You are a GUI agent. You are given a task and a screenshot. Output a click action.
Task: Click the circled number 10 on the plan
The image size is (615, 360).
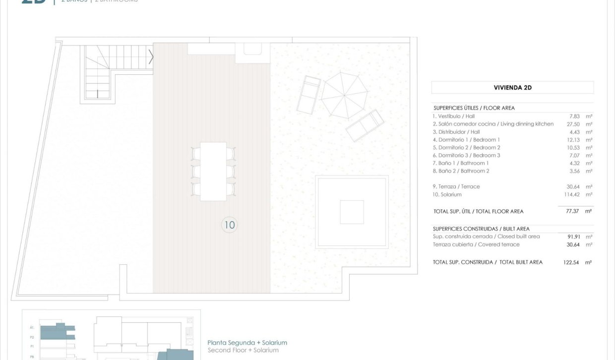pyautogui.click(x=229, y=225)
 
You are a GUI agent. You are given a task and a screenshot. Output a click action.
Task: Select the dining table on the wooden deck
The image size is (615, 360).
pyautogui.click(x=213, y=171)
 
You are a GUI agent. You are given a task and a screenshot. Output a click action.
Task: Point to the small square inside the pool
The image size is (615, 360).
pyautogui.click(x=352, y=212)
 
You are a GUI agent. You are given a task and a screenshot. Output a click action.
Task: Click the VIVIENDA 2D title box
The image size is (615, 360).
pyautogui.click(x=512, y=88)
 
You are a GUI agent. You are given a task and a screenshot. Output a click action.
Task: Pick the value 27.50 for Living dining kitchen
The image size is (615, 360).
pyautogui.click(x=573, y=124)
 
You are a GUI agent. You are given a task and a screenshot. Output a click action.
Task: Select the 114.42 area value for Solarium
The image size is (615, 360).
pyautogui.click(x=571, y=194)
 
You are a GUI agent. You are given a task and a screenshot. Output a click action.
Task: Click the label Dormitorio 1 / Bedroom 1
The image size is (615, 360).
pyautogui.click(x=466, y=140)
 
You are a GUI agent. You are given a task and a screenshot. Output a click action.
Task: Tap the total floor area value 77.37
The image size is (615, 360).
pyautogui.click(x=573, y=211)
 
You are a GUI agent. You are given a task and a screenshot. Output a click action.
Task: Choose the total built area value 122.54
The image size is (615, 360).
pyautogui.click(x=571, y=262)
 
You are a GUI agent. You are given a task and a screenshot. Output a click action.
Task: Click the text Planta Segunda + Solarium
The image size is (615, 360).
pyautogui.click(x=247, y=343)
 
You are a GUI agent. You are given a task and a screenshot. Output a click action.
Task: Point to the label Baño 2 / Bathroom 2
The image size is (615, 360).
pyautogui.click(x=461, y=171)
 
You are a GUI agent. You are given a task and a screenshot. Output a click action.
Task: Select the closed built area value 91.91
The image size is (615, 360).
pyautogui.click(x=573, y=237)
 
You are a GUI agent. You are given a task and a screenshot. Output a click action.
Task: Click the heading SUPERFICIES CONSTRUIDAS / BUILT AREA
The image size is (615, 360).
pyautogui.click(x=481, y=229)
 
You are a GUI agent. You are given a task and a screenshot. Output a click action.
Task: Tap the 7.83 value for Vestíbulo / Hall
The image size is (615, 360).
pyautogui.click(x=575, y=116)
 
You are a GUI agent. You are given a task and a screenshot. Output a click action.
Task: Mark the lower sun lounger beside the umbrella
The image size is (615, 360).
pyautogui.click(x=365, y=125)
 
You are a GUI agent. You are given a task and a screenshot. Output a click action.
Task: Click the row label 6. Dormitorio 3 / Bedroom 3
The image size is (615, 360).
pyautogui.click(x=466, y=155)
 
